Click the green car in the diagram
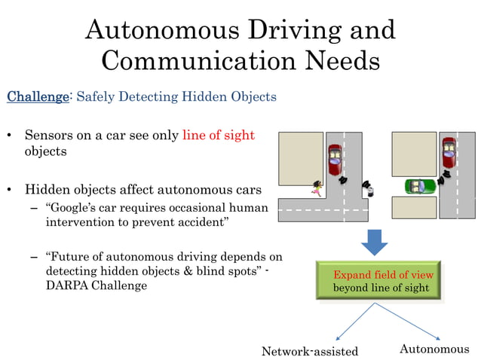[415, 186]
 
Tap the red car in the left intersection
[334, 159]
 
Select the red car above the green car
[449, 154]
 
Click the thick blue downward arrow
[374, 241]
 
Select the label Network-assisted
[310, 352]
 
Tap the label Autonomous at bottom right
[434, 349]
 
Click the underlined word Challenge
[37, 96]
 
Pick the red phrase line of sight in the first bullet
[219, 136]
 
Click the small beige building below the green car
[414, 207]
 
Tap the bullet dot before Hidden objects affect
[10, 189]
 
